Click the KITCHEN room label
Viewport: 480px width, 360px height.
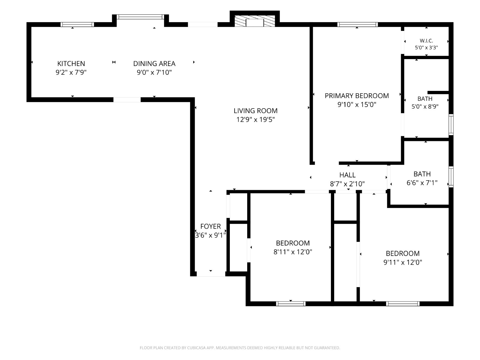coord(71,64)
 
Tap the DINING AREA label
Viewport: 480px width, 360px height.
coord(154,64)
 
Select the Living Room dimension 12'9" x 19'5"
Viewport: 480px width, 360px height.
coord(255,120)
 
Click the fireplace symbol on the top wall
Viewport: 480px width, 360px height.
coord(255,21)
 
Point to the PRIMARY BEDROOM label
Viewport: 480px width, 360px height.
coord(357,96)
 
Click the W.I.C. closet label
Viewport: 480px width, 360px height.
coord(426,41)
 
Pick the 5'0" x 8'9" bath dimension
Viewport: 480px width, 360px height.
coord(425,107)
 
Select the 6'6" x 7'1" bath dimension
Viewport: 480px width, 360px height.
coord(422,183)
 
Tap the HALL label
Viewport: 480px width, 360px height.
coord(347,175)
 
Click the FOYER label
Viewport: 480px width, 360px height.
coord(210,226)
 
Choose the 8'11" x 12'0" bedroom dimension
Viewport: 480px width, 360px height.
coord(292,252)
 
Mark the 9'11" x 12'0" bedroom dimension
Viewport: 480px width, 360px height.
coord(403,262)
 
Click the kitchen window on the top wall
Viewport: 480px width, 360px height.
coord(77,25)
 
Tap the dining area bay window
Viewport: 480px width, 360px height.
coord(140,17)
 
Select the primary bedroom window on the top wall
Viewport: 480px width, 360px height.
coord(357,25)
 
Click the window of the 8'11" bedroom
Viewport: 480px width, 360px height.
coord(291,304)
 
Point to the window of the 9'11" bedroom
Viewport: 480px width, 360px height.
coord(403,304)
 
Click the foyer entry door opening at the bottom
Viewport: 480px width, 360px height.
coord(211,274)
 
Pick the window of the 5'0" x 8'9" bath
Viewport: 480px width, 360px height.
coord(451,124)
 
